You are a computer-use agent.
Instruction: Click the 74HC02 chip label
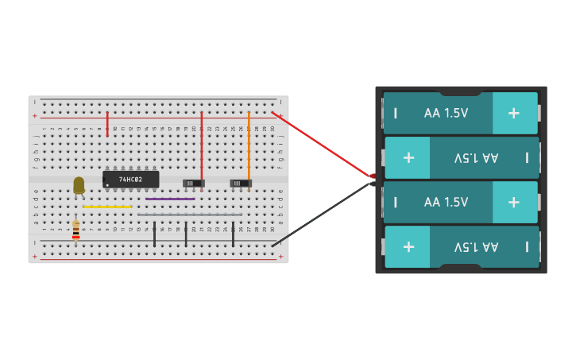coord(131,180)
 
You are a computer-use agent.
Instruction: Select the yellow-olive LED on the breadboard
coord(79,185)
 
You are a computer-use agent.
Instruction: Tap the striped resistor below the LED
coord(75,230)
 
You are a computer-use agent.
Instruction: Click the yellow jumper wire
coord(107,207)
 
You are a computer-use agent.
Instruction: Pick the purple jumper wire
coord(170,199)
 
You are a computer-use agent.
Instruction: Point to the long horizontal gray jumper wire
coord(190,215)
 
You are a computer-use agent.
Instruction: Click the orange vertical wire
coord(249,147)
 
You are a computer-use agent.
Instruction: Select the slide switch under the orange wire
coord(241,184)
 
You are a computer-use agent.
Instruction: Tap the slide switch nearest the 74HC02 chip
coord(194,184)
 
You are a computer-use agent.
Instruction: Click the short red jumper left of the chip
coord(107,124)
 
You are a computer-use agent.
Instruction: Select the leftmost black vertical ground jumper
coord(154,234)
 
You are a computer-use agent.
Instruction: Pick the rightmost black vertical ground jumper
coord(233,234)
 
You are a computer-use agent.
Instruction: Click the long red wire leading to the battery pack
coord(322,144)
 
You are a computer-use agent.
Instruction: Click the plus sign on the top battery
coord(514,113)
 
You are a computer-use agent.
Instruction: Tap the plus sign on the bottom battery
coord(408,246)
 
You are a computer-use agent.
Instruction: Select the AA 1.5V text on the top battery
coord(446,113)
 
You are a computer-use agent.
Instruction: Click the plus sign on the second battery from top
coord(408,157)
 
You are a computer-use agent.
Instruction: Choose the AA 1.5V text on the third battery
coord(446,202)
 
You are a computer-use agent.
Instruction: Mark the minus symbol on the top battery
coord(395,113)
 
